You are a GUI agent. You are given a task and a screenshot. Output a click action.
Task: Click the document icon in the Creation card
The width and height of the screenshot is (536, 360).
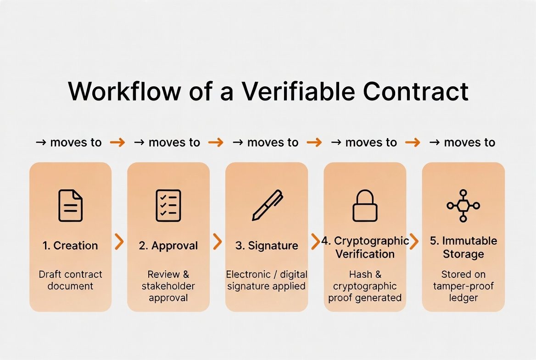point(70,206)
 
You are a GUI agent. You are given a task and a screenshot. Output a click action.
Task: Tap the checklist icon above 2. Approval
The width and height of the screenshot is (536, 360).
point(168,206)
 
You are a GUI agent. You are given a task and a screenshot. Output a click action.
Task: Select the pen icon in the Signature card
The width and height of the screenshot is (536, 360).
point(267,206)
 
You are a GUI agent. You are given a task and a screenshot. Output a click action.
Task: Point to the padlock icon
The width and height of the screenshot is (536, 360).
point(365,206)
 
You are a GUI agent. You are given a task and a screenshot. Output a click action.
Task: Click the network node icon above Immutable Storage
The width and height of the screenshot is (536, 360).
point(463,206)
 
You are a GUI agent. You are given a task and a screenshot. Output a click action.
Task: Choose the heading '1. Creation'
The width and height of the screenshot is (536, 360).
point(70,246)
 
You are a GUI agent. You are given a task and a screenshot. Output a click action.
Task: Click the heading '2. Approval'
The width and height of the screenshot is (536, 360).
point(168,246)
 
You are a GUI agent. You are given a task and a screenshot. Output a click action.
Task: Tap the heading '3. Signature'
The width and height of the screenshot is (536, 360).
point(267,246)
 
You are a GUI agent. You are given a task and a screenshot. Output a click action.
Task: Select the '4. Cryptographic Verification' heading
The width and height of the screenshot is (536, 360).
point(365,247)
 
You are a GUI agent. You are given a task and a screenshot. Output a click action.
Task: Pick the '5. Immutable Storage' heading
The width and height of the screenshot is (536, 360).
point(463,247)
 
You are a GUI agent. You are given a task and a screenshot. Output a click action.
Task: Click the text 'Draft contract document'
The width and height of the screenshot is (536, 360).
point(70,280)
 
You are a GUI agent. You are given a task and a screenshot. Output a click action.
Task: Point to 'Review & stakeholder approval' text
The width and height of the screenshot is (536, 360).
point(168,286)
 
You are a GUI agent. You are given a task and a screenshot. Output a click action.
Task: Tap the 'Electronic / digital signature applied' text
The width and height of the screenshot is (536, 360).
point(267,280)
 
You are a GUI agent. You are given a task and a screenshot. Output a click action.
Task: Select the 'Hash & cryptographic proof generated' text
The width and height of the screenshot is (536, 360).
point(365,286)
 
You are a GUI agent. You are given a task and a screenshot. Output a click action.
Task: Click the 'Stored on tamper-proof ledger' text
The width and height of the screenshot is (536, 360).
point(463,286)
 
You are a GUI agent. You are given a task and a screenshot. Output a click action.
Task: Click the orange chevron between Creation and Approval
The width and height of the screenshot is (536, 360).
point(119,242)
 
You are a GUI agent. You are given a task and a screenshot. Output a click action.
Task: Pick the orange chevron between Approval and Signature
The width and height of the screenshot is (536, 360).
point(218,242)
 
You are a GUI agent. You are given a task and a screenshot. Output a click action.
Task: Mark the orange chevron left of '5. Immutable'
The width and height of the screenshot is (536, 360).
point(414,242)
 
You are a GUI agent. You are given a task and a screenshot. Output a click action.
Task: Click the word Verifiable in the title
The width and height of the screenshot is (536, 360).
point(298,91)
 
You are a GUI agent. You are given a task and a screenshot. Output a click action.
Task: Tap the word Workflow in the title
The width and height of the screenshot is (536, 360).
point(124,91)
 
